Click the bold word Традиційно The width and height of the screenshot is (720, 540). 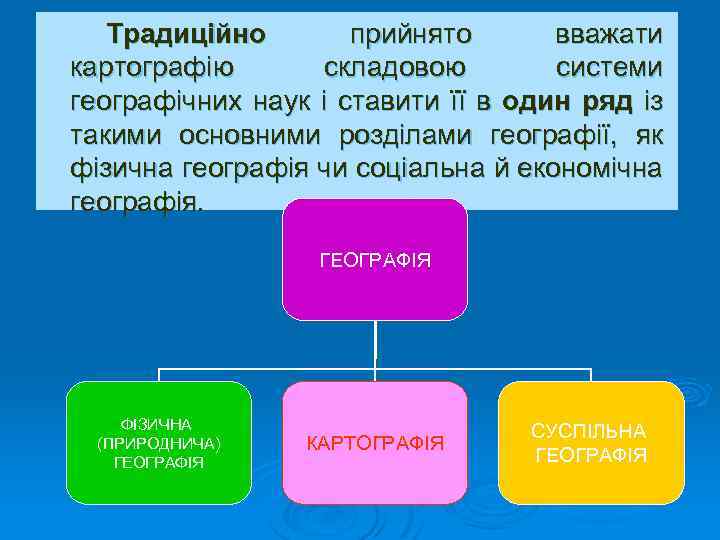(187, 36)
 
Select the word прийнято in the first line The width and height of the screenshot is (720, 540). (410, 36)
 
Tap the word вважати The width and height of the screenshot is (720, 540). (608, 36)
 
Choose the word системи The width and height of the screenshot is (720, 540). (609, 69)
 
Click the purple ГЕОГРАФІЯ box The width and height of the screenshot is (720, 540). (375, 260)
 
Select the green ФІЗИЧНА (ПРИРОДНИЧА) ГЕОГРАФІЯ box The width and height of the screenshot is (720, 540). (159, 442)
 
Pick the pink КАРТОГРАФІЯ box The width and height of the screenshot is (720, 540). (375, 442)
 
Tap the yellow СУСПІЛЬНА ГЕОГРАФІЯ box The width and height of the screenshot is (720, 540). (591, 442)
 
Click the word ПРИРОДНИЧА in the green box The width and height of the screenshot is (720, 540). (159, 443)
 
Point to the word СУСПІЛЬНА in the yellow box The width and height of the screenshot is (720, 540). (589, 431)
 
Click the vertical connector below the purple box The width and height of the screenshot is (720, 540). (375, 345)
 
